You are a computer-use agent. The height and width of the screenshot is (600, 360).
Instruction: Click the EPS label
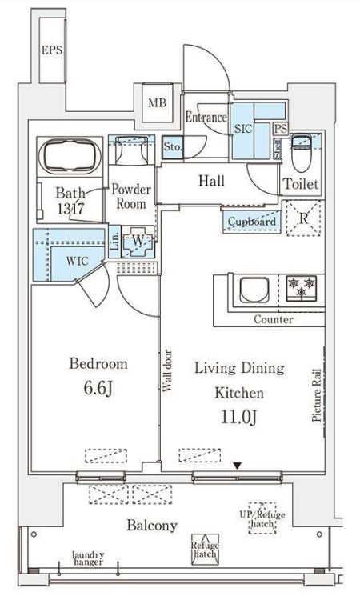click(x=52, y=50)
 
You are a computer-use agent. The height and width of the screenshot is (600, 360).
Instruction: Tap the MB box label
click(x=157, y=102)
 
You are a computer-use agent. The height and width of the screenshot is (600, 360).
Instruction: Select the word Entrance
click(x=206, y=118)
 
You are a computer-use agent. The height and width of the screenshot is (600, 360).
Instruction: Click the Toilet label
click(x=302, y=184)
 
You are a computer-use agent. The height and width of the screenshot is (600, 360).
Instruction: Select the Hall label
click(x=210, y=182)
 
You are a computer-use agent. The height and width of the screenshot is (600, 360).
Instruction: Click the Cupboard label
click(x=252, y=222)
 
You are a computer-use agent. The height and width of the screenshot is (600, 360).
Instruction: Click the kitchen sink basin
click(x=252, y=290)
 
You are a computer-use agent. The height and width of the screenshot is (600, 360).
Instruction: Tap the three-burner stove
click(x=301, y=288)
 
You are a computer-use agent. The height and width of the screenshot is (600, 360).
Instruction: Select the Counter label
click(x=273, y=319)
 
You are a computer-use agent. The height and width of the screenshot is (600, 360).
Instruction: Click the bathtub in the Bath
click(x=70, y=154)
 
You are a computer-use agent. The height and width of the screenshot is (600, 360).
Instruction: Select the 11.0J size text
click(x=238, y=416)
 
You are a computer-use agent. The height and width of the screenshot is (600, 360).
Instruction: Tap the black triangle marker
click(x=236, y=466)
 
